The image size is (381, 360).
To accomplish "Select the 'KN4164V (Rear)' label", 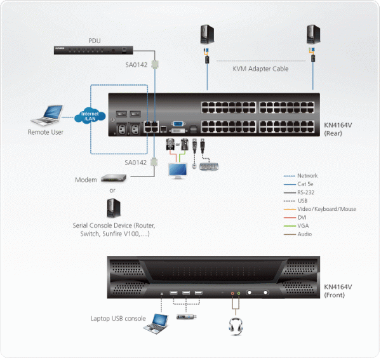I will [342, 130].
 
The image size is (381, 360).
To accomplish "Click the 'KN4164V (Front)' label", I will [342, 290].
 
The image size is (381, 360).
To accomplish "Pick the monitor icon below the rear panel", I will [177, 170].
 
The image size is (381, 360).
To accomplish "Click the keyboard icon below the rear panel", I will [209, 167].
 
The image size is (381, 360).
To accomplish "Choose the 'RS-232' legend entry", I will [307, 192].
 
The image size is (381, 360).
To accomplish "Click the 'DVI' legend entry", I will [302, 217].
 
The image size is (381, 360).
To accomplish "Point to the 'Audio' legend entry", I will [305, 234].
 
